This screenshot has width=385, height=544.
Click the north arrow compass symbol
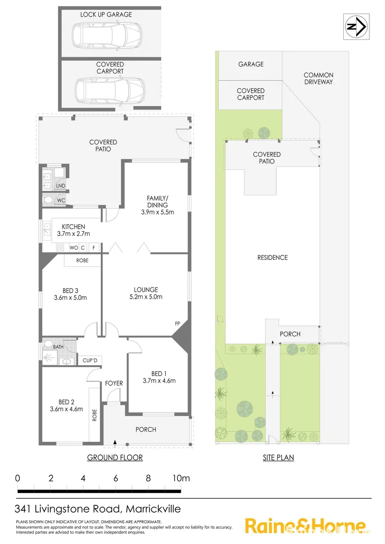click(356, 27)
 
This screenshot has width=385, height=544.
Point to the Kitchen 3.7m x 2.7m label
click(74, 230)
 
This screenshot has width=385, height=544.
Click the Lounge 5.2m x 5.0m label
click(146, 293)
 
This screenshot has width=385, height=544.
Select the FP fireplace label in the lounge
click(177, 323)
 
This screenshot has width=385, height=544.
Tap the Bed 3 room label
click(70, 294)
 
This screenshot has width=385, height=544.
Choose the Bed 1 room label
click(158, 377)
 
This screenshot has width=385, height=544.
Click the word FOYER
click(114, 383)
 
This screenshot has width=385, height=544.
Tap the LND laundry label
click(60, 186)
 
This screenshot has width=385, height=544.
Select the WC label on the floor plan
click(60, 200)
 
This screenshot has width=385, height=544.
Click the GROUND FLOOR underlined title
click(115, 458)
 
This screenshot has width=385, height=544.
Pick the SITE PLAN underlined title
click(278, 458)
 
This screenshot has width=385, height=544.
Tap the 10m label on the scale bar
click(181, 479)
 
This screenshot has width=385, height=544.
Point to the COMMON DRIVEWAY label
click(318, 78)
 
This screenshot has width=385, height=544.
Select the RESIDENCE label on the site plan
click(272, 257)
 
